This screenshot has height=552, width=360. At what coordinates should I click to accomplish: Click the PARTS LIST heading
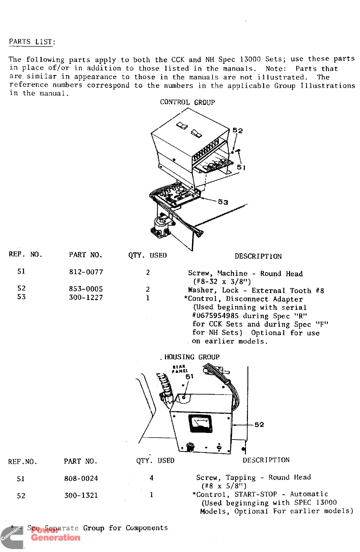(32, 42)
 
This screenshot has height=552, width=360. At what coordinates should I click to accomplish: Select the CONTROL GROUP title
(187, 102)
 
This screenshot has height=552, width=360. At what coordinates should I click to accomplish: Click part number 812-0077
(86, 272)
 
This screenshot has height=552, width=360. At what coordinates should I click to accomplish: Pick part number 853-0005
(86, 289)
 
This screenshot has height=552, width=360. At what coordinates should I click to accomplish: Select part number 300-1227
(86, 297)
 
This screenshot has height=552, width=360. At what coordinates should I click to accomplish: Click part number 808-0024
(81, 478)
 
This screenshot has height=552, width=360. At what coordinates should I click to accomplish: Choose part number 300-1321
(81, 495)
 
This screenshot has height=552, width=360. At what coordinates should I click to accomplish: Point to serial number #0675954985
(215, 316)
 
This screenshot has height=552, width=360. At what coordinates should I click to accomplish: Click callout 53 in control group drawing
(223, 202)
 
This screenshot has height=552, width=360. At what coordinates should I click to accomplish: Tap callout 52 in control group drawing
(237, 130)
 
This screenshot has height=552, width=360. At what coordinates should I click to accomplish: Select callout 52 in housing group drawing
(259, 425)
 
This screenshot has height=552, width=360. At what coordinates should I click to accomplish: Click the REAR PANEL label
(180, 369)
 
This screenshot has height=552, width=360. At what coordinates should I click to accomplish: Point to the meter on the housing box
(200, 423)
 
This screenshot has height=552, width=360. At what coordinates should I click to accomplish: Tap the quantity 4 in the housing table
(151, 478)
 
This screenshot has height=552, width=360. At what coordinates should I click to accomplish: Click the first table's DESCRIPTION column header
(258, 256)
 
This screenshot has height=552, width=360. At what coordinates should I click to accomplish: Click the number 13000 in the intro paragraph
(250, 59)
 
